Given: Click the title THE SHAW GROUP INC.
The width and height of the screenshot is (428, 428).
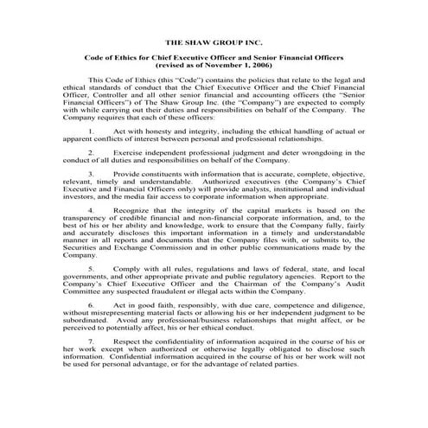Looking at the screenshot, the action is [214, 41].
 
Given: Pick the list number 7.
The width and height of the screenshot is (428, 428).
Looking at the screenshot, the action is [92, 366].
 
